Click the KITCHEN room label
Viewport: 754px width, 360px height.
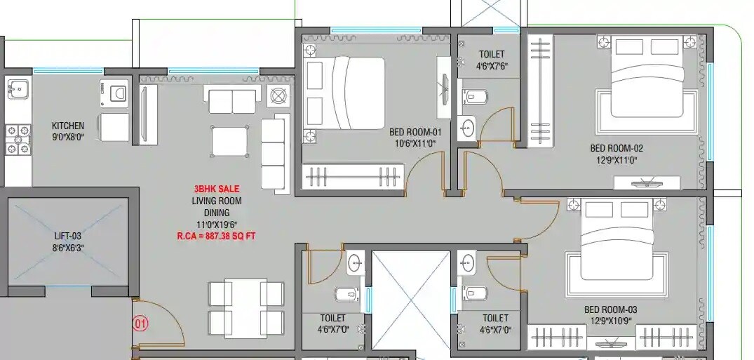pos(67,126)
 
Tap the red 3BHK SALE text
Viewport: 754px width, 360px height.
pos(217,189)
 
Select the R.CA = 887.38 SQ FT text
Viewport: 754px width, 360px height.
pos(216,236)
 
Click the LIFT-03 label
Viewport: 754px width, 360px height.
pos(68,236)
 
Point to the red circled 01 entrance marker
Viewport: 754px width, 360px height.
pos(141,324)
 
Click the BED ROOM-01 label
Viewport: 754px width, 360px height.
pos(416,132)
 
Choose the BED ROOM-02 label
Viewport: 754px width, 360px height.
pos(616,148)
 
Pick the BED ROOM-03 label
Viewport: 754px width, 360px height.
pos(610,309)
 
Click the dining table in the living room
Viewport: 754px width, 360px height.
pos(245,307)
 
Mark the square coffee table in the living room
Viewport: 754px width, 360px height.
pos(229,140)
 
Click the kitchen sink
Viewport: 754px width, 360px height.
pos(17,89)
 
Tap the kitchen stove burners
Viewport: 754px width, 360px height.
pos(18,139)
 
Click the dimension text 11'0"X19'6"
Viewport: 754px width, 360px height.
pos(216,224)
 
